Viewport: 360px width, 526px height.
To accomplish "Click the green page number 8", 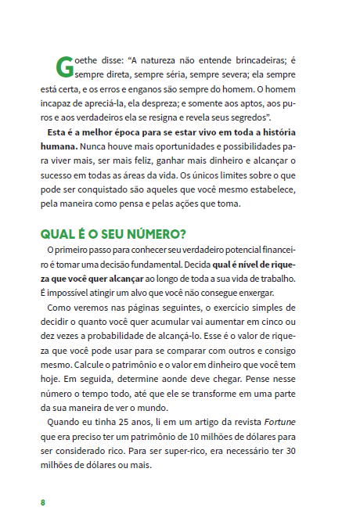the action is pyautogui.click(x=42, y=501).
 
